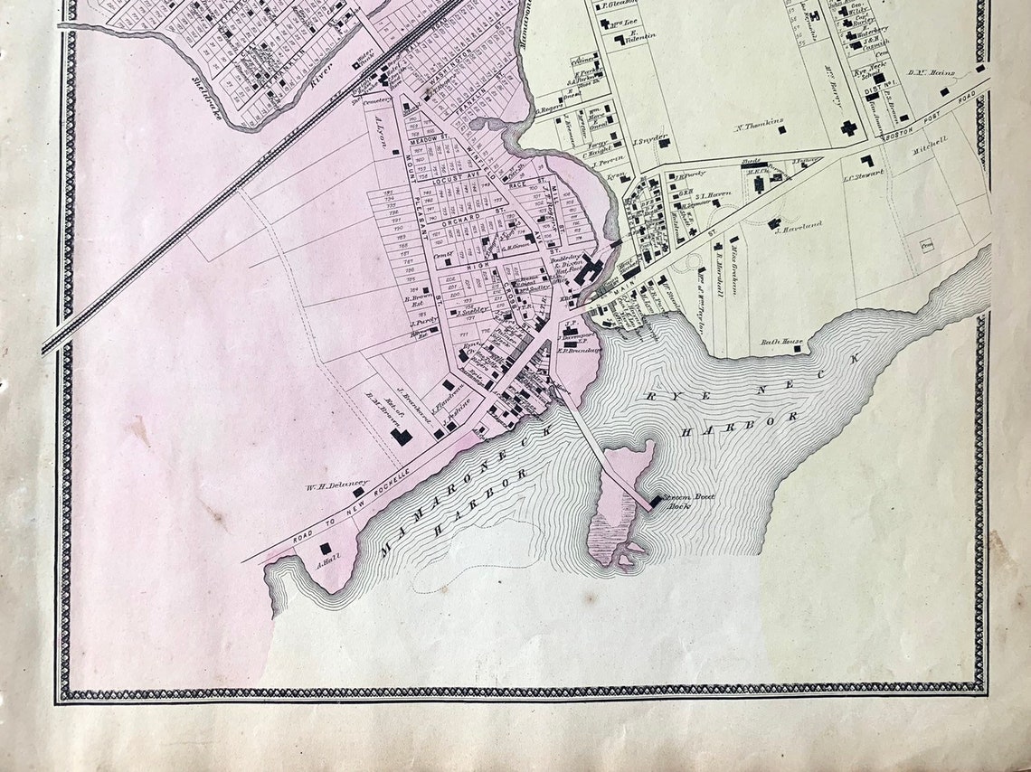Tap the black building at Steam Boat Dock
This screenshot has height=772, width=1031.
click(655, 500)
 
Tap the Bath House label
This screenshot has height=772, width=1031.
click(781, 342)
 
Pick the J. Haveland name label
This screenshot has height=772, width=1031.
click(799, 225)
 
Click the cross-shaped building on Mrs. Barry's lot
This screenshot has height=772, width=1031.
click(848, 127)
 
